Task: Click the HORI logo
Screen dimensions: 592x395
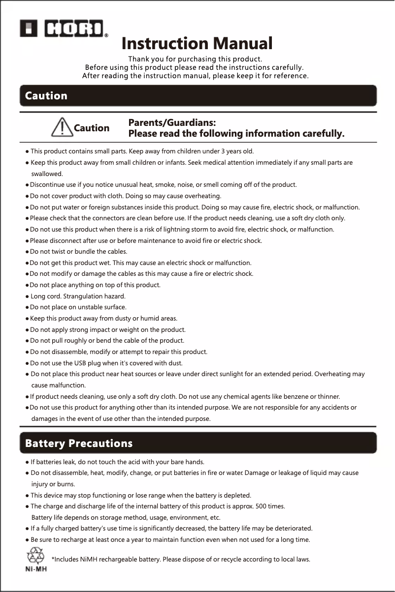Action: click(x=64, y=29)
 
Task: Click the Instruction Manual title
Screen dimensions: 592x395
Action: click(x=197, y=44)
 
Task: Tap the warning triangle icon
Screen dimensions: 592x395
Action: click(x=61, y=128)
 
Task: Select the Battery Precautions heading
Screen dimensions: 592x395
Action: click(x=79, y=444)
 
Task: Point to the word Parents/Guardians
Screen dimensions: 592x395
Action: click(x=172, y=122)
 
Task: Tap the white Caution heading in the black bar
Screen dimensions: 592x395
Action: click(x=46, y=96)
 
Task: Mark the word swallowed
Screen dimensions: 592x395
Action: click(x=47, y=174)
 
